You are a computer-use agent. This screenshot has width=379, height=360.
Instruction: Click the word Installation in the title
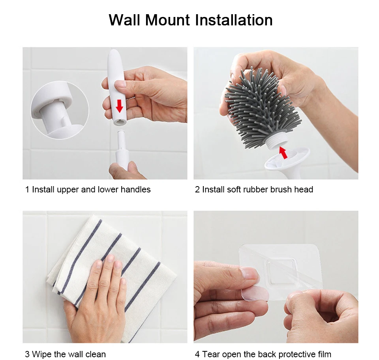point(234,20)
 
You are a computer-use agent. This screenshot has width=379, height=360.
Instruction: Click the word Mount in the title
point(167,20)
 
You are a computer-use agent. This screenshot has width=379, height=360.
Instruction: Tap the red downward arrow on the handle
point(119,106)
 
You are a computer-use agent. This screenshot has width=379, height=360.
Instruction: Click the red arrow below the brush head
point(283,152)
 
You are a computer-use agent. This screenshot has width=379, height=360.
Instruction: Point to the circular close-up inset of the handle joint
point(60,110)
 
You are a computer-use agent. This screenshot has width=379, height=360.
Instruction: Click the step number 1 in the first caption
point(27,190)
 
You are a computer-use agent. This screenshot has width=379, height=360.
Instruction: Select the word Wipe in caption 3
point(42,354)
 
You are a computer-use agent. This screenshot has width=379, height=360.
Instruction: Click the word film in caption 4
point(323,354)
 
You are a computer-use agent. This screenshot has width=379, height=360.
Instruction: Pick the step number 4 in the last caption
point(197,354)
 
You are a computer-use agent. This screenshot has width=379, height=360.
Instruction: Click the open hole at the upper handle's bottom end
point(119,122)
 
